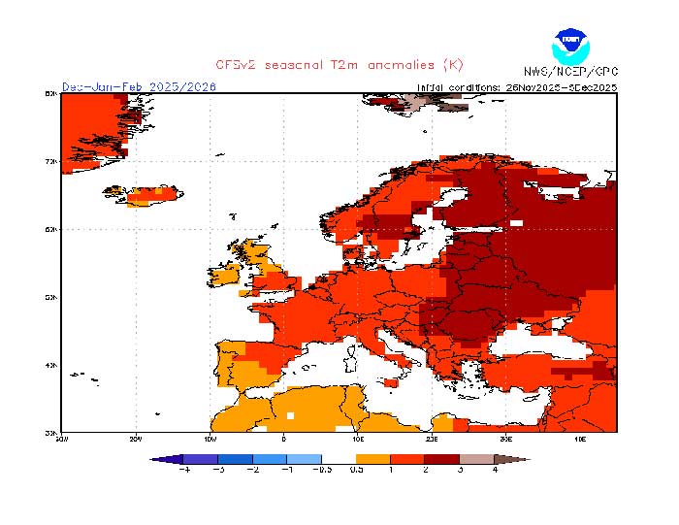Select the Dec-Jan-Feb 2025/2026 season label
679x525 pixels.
pos(139,86)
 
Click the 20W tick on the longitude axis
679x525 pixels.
pos(135,438)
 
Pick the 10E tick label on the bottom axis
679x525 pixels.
pos(358,438)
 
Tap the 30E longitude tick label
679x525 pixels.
pos(506,438)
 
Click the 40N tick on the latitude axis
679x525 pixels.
pos(50,365)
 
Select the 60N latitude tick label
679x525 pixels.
pos(50,229)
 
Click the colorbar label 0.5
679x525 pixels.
pos(358,470)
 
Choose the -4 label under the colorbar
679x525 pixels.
pos(183,470)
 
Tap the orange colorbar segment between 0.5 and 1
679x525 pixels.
pos(373,458)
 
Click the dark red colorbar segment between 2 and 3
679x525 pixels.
pos(442,458)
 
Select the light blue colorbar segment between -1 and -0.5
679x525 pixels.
pos(305,458)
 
